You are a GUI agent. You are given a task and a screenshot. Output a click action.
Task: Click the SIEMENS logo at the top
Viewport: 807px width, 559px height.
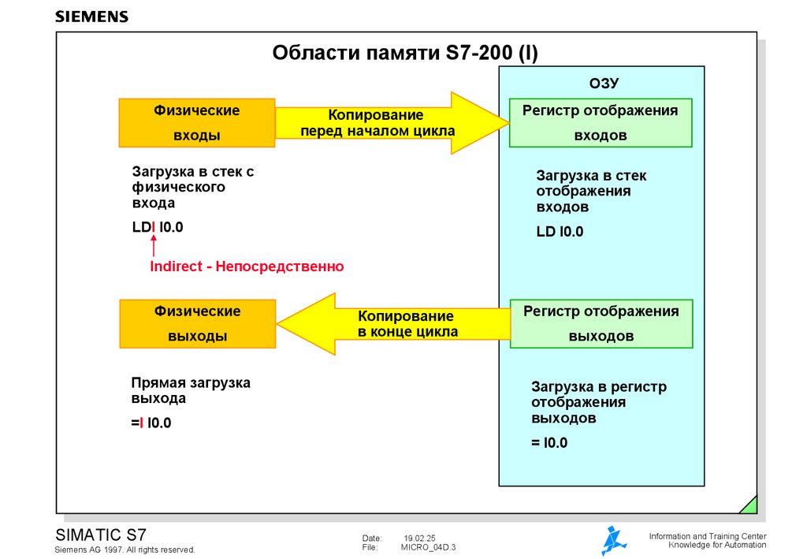(x=91, y=17)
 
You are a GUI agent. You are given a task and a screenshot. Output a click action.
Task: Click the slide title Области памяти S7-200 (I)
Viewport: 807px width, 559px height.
(x=405, y=53)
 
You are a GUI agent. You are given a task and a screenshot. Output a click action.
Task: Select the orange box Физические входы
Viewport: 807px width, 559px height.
(x=196, y=123)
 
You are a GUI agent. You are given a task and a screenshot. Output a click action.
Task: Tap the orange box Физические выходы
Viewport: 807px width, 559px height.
(x=197, y=323)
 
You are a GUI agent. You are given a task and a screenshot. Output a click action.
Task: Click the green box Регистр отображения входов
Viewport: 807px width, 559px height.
(x=601, y=123)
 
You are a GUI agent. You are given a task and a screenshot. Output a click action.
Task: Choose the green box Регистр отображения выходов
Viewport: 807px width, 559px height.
(x=601, y=323)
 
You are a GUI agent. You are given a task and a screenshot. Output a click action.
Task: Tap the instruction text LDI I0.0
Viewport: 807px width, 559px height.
(x=158, y=228)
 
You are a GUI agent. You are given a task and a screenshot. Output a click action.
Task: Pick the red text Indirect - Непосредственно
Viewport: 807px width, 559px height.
(x=247, y=266)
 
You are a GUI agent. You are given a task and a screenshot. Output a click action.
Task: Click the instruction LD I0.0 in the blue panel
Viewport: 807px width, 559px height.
(x=560, y=232)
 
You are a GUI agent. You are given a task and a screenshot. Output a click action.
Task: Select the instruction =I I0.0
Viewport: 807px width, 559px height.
(x=151, y=423)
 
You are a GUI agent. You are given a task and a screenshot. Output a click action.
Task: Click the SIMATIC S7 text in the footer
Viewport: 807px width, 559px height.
(x=101, y=534)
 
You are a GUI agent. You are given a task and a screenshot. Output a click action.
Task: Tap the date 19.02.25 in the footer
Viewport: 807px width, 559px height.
(x=419, y=538)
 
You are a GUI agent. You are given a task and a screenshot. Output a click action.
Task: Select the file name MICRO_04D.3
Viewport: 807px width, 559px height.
(x=428, y=547)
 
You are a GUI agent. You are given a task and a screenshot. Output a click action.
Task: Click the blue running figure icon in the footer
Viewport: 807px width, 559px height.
(x=614, y=541)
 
